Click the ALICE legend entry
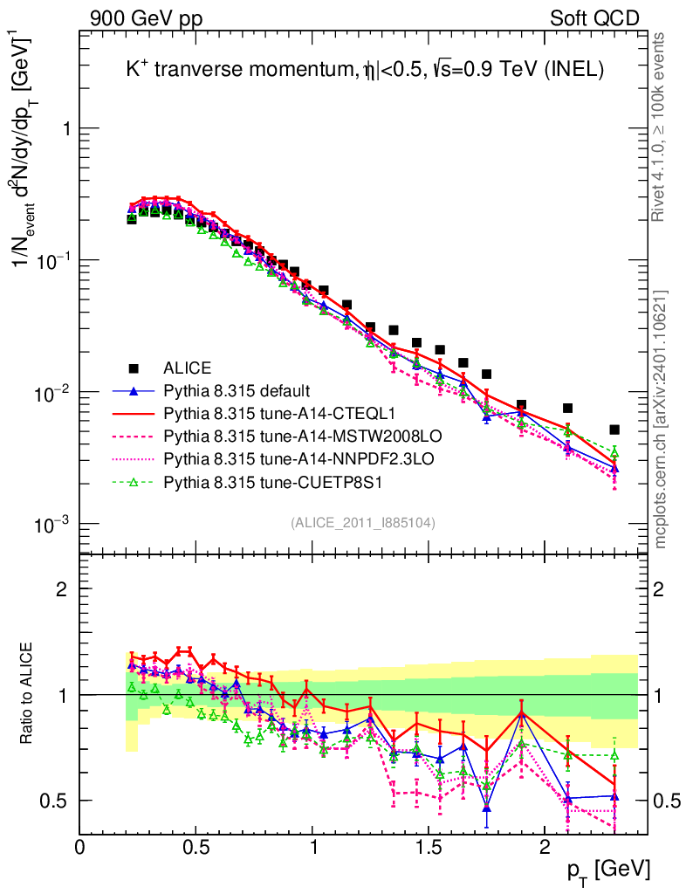[188, 368]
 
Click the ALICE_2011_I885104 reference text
[363, 523]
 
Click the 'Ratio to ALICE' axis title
[28, 693]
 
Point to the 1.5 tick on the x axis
[428, 847]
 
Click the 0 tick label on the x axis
[80, 847]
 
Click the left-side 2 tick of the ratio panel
[62, 588]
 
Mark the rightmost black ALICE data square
[614, 430]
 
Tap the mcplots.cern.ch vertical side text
[661, 419]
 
